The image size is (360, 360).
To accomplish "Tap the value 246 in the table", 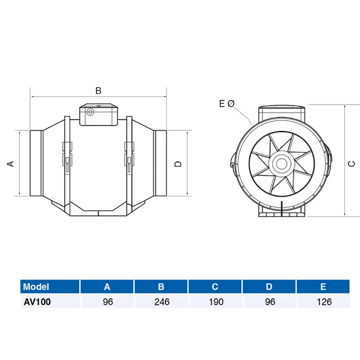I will (161, 302).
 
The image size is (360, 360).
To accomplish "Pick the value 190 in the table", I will (215, 302).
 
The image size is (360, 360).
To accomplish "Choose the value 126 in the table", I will (324, 302).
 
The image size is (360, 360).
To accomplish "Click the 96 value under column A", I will (107, 302).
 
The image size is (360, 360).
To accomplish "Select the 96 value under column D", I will (269, 302).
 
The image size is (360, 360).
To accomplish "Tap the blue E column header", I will (324, 287).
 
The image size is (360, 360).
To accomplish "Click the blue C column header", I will (215, 287).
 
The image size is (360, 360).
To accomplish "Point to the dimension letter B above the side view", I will (98, 90).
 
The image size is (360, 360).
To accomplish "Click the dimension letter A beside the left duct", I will (10, 163).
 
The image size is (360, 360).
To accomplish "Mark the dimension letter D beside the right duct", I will (177, 163).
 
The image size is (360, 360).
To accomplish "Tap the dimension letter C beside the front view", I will (351, 163).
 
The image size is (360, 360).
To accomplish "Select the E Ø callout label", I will (227, 104).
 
